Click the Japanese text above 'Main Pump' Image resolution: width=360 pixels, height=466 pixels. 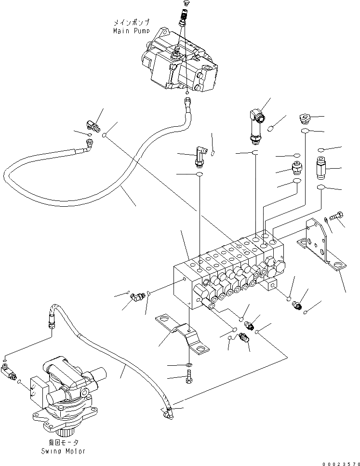tap(131, 22)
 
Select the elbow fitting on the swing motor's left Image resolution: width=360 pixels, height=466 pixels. tap(9, 373)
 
